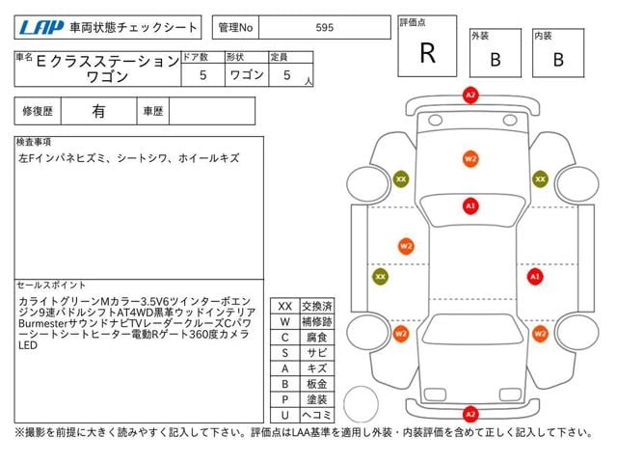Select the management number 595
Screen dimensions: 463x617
click(x=325, y=28)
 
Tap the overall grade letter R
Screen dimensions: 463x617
click(x=427, y=53)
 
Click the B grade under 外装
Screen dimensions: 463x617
click(x=496, y=59)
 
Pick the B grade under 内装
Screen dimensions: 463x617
click(x=557, y=59)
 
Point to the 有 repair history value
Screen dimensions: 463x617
click(x=98, y=111)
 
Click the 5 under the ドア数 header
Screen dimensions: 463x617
click(x=201, y=73)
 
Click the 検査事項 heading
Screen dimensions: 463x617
click(x=35, y=142)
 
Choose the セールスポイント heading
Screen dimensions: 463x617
click(x=52, y=286)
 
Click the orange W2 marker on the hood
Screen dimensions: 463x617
click(x=470, y=157)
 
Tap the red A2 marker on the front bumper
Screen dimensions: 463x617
click(x=470, y=95)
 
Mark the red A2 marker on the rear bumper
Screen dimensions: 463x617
click(x=470, y=414)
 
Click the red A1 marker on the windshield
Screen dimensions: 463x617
click(x=470, y=205)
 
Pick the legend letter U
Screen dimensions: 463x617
click(x=284, y=414)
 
